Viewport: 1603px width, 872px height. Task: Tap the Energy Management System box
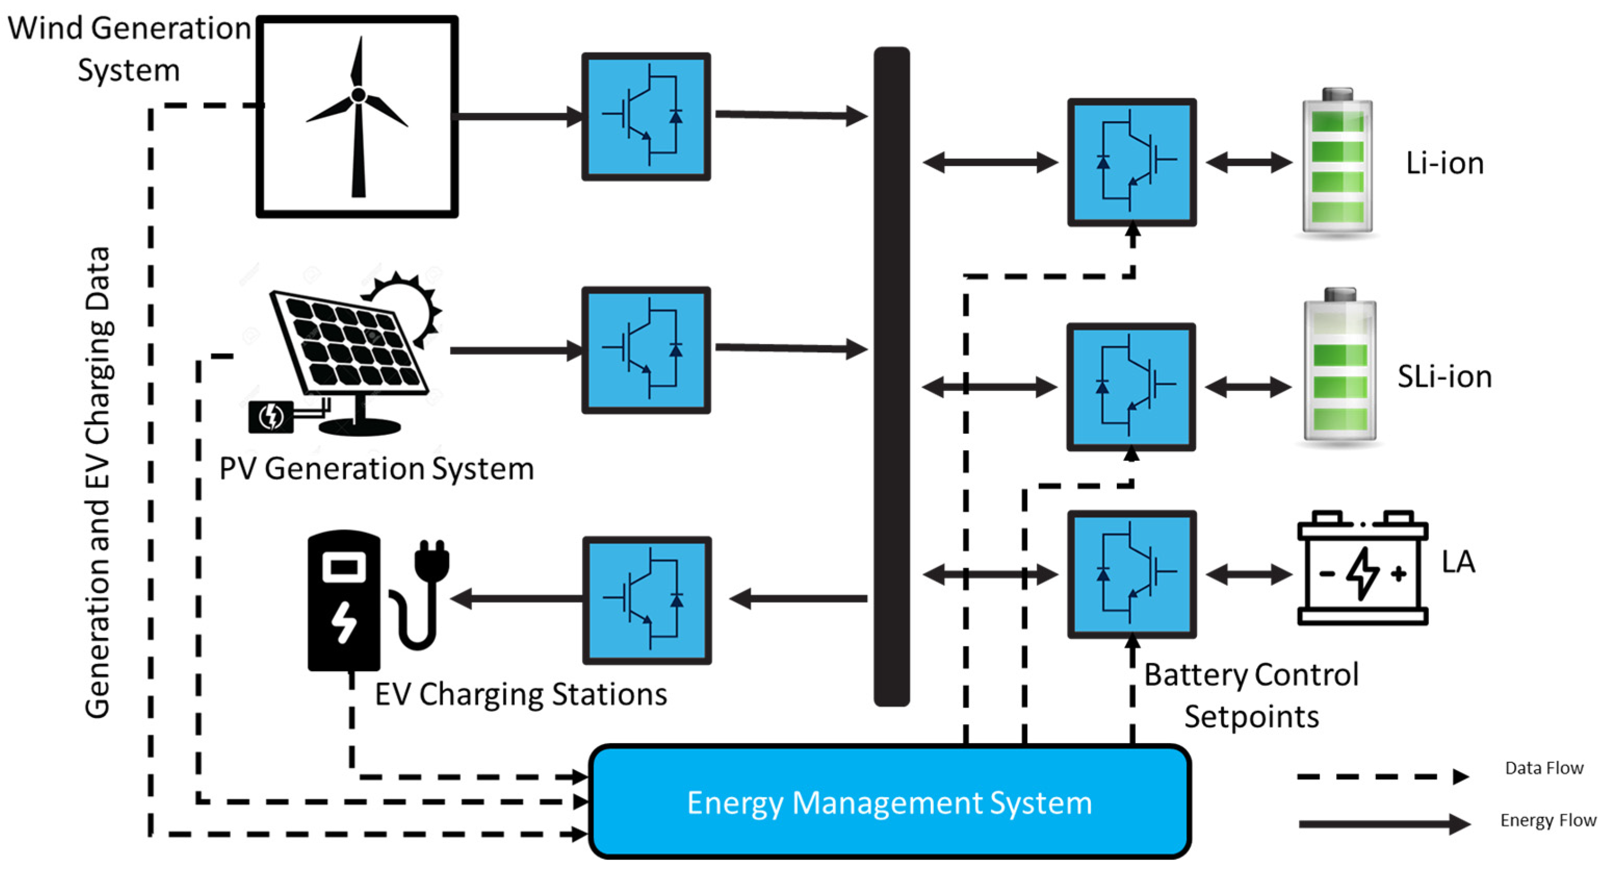(889, 802)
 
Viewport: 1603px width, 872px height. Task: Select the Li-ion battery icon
(1337, 163)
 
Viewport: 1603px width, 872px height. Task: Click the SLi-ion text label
(1444, 376)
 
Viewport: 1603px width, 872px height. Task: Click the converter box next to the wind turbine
(646, 116)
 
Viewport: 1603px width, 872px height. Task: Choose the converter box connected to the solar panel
(646, 350)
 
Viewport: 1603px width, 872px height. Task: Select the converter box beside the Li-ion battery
(1131, 162)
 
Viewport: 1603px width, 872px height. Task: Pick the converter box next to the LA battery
(1131, 574)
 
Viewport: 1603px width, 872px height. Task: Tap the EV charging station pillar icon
(344, 601)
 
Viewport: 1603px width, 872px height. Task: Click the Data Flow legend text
(1544, 768)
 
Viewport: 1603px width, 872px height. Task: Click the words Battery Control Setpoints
(1251, 695)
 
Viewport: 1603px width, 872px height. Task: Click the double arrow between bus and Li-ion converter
(989, 162)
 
